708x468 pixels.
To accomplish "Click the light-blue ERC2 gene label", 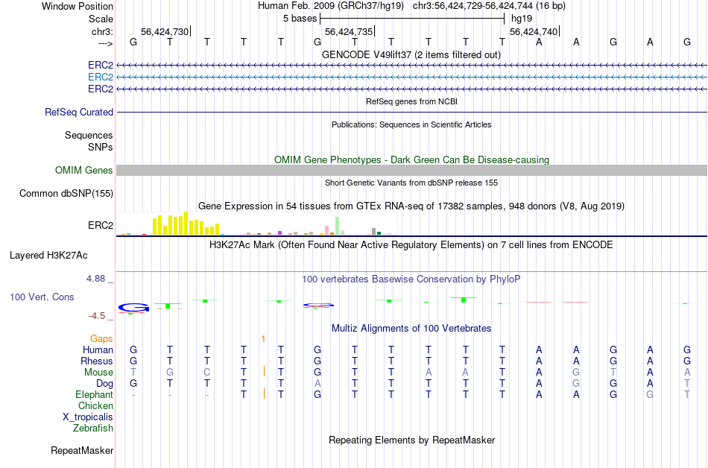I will (x=101, y=77).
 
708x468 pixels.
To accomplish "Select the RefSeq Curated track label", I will (x=79, y=112).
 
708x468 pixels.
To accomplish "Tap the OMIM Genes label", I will (x=84, y=171).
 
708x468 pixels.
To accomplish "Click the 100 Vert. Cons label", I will (x=42, y=297).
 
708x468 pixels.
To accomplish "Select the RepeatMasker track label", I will (x=82, y=450).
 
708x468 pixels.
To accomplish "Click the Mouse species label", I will (x=98, y=372).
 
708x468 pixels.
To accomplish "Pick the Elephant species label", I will (x=94, y=394).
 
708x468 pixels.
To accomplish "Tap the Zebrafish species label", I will (x=93, y=429).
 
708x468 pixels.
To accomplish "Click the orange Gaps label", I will (x=101, y=338).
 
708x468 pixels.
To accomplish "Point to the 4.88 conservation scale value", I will (x=100, y=279).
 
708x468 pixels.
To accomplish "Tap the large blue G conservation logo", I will (x=134, y=307).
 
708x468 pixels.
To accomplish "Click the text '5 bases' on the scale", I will (x=300, y=18).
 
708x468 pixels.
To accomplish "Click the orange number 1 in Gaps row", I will (x=264, y=338).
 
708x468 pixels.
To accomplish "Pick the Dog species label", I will (x=104, y=383).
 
